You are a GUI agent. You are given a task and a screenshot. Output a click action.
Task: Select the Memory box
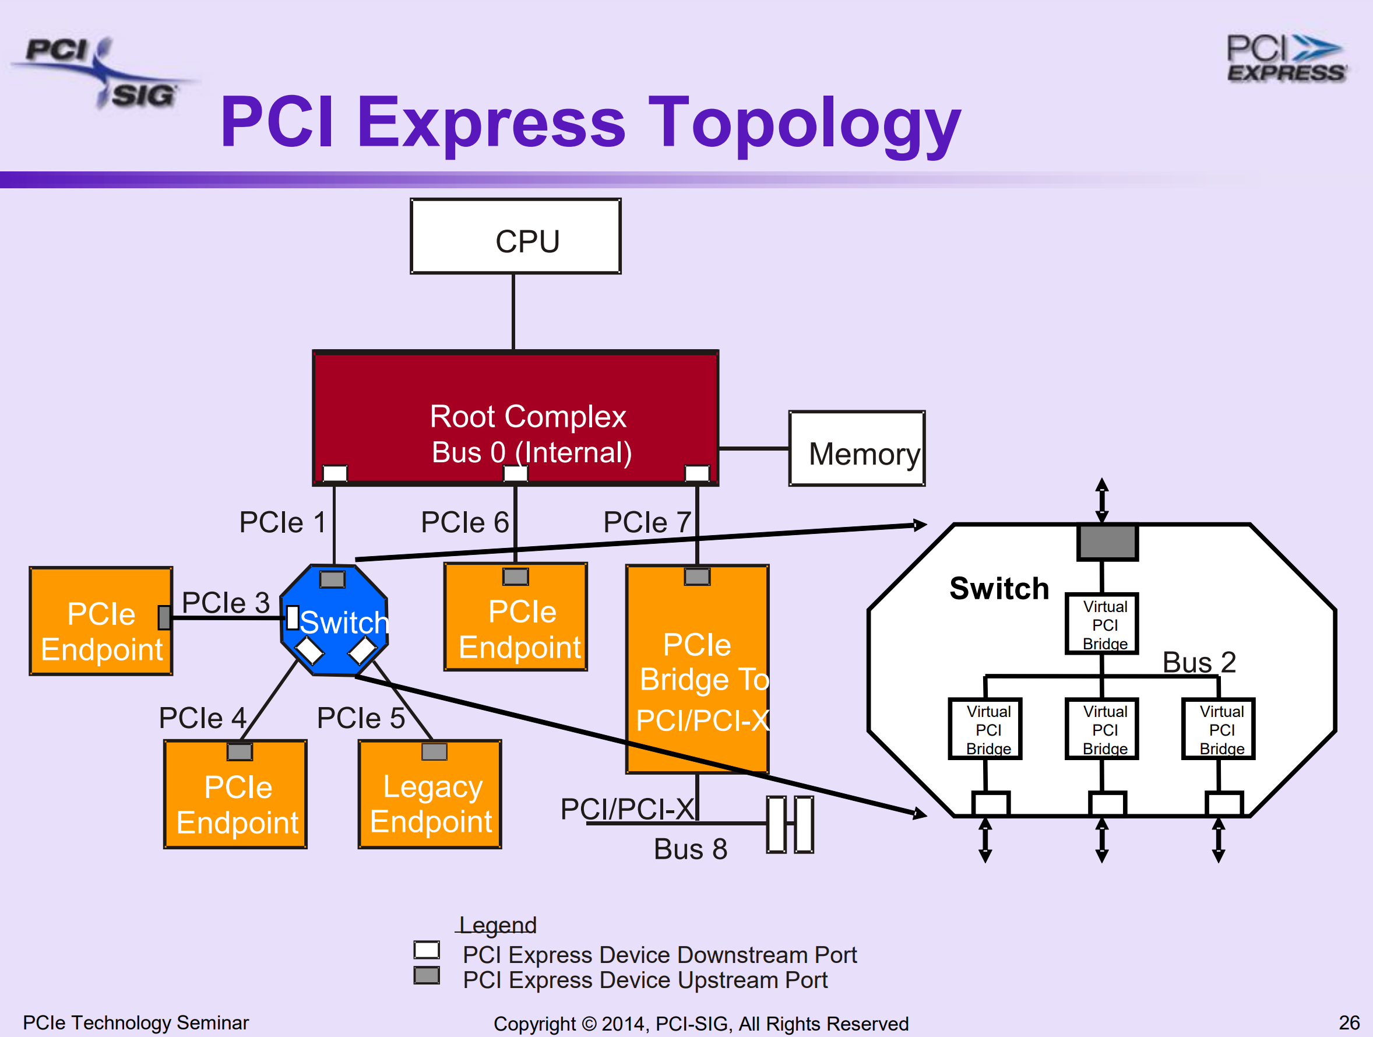pos(857,448)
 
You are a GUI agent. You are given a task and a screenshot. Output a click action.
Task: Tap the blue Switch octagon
pos(335,621)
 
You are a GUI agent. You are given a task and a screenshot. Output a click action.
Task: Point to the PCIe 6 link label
pos(464,522)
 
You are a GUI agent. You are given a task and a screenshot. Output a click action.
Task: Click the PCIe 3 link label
pos(226,603)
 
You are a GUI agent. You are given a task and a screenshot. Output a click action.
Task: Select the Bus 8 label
pos(690,849)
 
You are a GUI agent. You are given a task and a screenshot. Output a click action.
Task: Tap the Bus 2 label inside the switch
pos(1199,662)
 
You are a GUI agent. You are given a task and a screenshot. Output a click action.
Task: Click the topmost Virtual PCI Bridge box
pos(1102,624)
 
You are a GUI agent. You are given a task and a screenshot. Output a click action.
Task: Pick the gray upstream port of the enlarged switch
pos(1107,542)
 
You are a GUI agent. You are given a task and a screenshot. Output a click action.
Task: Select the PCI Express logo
pos(1286,59)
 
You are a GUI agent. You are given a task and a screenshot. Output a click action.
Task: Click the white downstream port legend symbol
pos(427,950)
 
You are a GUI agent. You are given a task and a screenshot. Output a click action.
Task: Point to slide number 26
pos(1349,1022)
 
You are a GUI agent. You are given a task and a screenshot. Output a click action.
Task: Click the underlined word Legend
pos(497,925)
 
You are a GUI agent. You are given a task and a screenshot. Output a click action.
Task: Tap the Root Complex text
pos(528,416)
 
